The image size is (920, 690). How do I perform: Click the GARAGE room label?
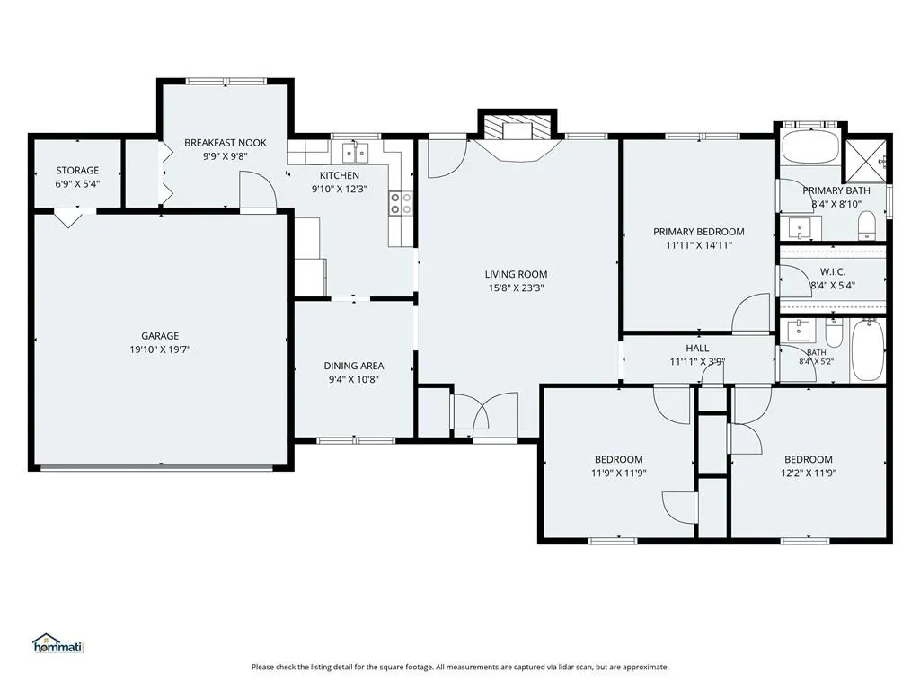tap(160, 336)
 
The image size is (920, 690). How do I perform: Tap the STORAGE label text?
tap(77, 170)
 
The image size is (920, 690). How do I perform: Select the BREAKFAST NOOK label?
tap(226, 143)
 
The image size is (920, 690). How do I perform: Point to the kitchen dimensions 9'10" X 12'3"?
tap(339, 189)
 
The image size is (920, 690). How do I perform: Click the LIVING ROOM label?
tap(516, 274)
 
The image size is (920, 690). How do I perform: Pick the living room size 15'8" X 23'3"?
tap(516, 288)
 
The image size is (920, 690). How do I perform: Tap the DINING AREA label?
tap(354, 366)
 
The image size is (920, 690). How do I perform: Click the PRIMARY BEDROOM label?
tap(699, 232)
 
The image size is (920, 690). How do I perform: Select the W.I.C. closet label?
tap(833, 271)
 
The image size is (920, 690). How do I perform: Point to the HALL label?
tap(697, 348)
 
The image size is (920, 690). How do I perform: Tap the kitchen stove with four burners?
tap(401, 203)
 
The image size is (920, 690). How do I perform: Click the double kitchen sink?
tap(356, 153)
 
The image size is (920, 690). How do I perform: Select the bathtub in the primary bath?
tap(810, 147)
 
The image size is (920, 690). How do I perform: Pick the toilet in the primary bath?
tap(867, 226)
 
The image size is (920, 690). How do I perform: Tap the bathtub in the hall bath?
tap(868, 350)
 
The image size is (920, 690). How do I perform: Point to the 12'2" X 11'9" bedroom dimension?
tap(809, 473)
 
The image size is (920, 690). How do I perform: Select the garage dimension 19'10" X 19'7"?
tap(160, 349)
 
